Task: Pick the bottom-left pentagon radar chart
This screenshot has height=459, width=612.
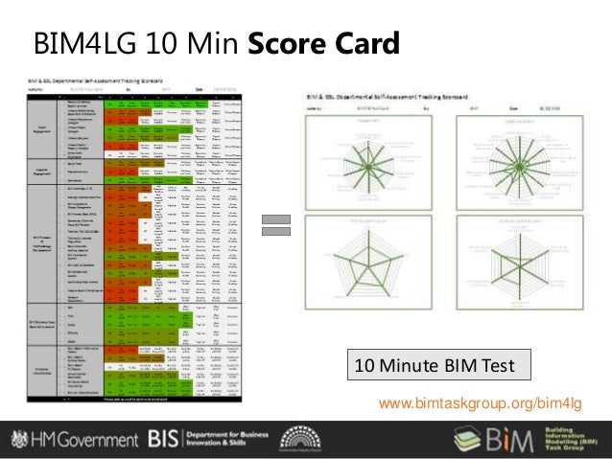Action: coord(360,264)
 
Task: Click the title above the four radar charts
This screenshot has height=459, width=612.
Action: coord(384,98)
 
